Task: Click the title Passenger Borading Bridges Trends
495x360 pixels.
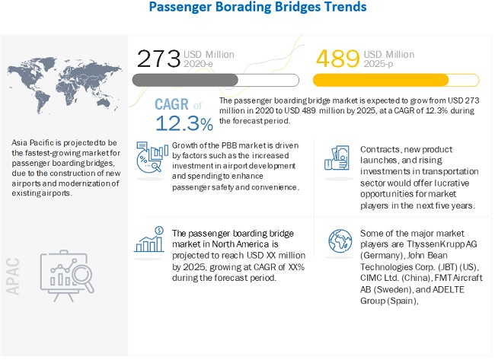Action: [x=247, y=8]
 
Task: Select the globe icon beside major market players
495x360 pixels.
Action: [x=340, y=241]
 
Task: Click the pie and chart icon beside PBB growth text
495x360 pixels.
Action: [x=148, y=157]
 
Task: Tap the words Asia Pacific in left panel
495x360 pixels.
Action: [x=35, y=142]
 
